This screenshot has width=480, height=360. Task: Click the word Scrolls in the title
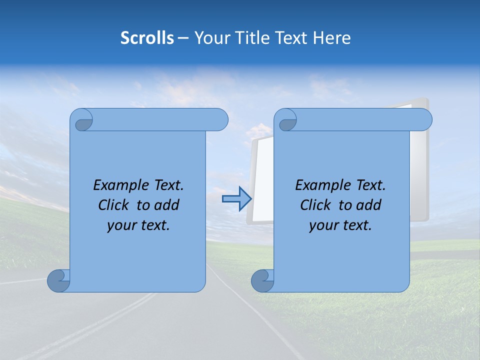(147, 38)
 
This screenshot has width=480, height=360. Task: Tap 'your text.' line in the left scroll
(138, 225)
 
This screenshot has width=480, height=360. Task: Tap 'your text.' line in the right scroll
(340, 225)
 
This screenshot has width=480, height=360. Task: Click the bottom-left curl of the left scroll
(58, 280)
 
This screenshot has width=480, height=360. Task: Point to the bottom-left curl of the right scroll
(262, 280)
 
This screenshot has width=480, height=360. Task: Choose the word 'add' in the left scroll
(167, 205)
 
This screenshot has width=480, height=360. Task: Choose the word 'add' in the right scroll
(369, 205)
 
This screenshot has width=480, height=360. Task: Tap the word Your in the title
(209, 38)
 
